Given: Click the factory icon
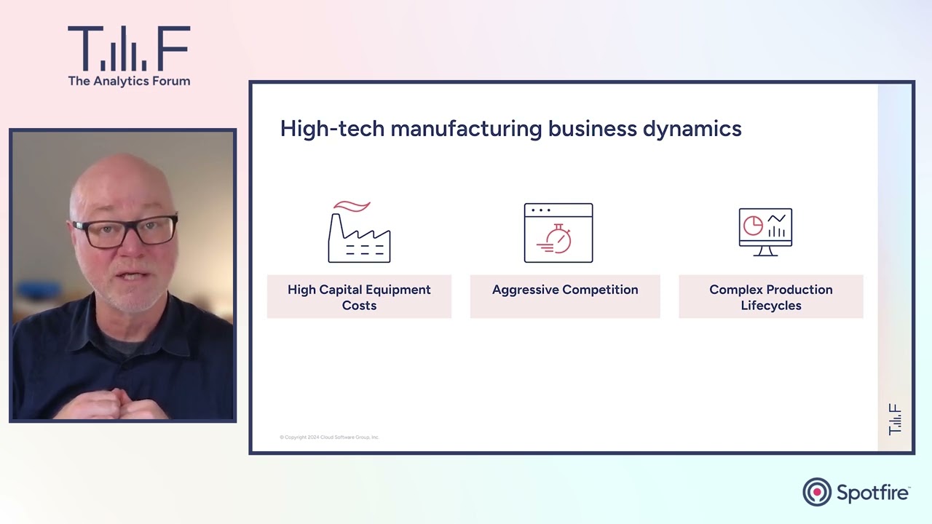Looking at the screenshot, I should (359, 237).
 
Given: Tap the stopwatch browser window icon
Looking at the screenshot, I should (558, 233).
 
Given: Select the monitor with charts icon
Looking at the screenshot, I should (765, 232).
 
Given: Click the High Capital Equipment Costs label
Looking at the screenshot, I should (359, 297).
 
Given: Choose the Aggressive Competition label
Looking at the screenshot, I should (565, 290).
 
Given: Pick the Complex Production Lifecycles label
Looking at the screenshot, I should (771, 297).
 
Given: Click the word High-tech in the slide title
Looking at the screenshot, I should (332, 129).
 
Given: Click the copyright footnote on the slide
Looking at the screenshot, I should (329, 437).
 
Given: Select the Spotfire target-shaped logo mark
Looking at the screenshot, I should (817, 492).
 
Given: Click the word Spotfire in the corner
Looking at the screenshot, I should (872, 493).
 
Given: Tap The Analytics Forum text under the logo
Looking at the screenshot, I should (129, 81).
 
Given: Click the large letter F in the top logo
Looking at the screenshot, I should (175, 47).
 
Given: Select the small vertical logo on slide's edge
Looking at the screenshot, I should (895, 419).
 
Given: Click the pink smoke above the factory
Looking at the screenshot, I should (352, 207).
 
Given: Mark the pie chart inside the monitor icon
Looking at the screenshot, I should (753, 226).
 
